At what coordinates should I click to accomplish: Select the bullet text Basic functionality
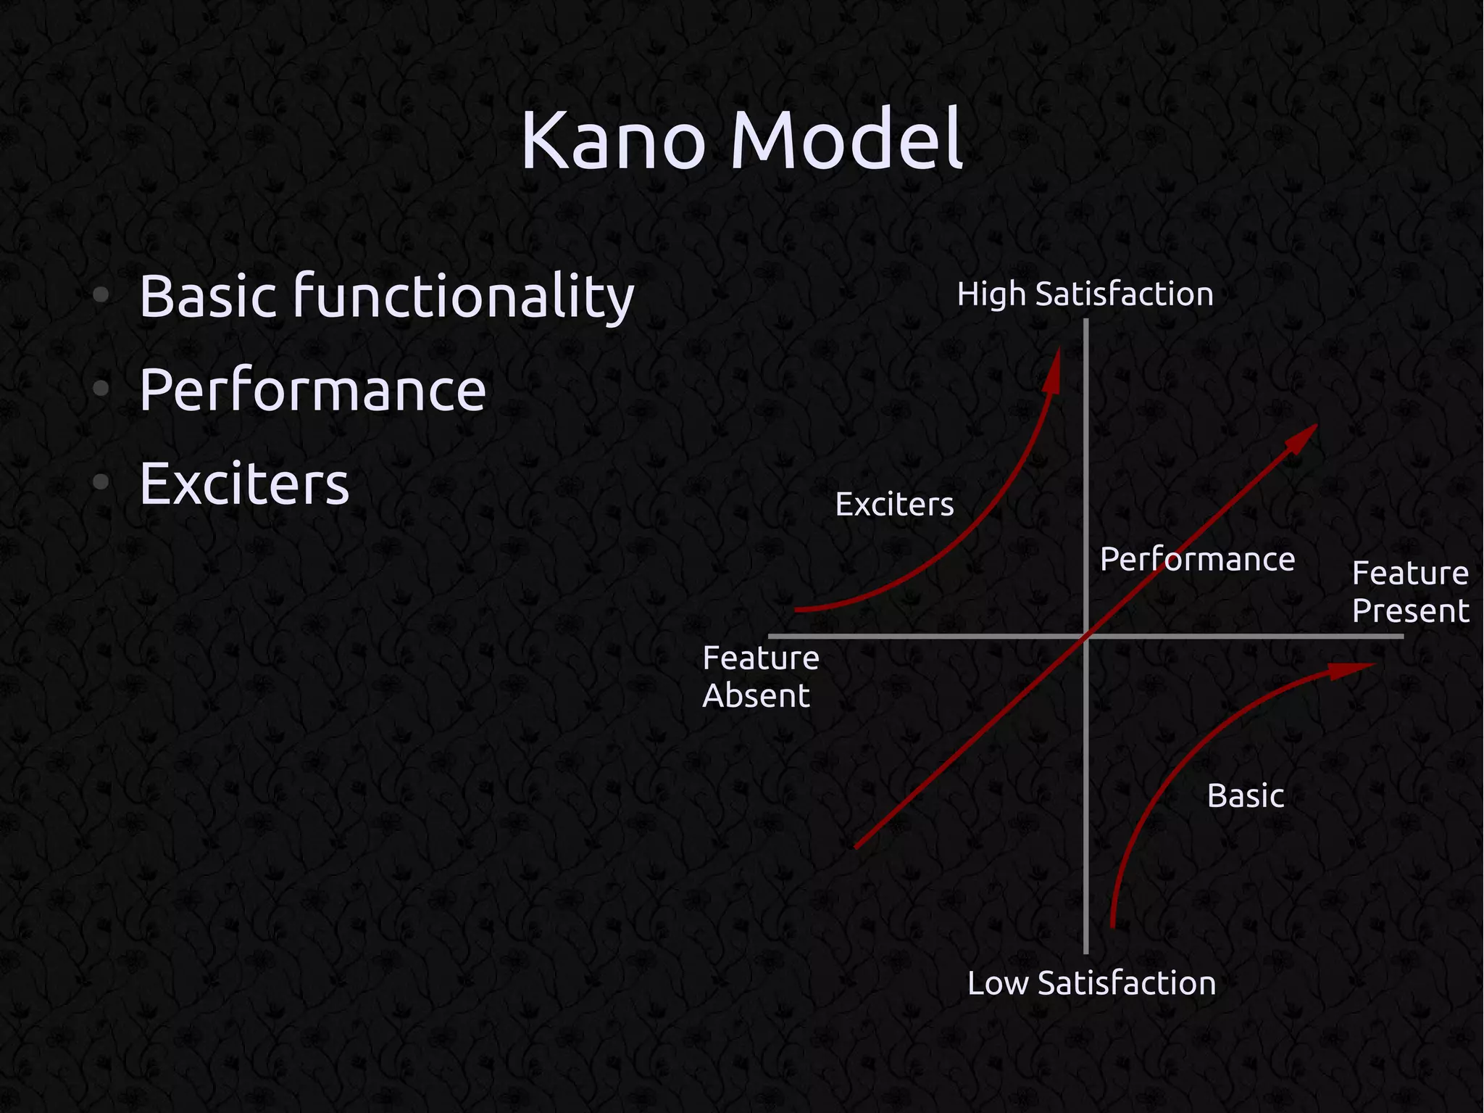(386, 297)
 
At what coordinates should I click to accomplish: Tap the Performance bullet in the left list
(312, 390)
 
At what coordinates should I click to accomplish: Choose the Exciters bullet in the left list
(244, 484)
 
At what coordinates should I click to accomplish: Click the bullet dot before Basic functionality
(101, 294)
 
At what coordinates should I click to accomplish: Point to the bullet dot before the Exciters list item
(101, 481)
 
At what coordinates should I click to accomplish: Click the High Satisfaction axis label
(1085, 295)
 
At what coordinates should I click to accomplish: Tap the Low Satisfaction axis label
(1091, 984)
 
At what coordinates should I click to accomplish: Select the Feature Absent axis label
(760, 677)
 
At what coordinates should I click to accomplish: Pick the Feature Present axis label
(1410, 592)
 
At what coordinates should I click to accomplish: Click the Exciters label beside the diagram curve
(894, 505)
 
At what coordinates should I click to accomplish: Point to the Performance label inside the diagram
(1197, 560)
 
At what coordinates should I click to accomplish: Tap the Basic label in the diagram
(1246, 796)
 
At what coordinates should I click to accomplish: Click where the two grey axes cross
(1085, 637)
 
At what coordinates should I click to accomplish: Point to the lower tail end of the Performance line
(857, 845)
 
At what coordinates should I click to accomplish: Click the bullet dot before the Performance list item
(101, 389)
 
